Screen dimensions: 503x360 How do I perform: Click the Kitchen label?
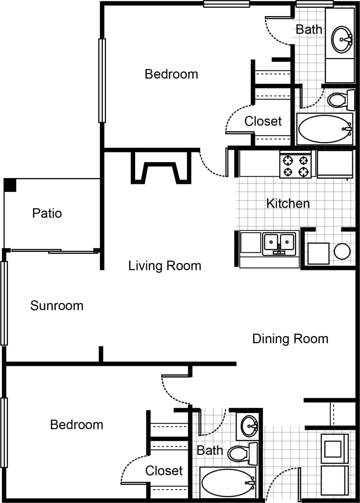coord(288,204)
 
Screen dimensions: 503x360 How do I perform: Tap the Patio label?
coord(47,213)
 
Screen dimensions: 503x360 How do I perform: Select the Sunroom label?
coord(57,306)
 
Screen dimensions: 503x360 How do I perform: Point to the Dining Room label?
coord(290,339)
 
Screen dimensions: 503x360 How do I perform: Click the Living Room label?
coord(164,266)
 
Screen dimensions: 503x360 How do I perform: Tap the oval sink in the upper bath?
coord(341,39)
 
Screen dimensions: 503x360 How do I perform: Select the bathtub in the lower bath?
coord(227,483)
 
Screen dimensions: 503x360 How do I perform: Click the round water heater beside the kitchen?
coord(342,251)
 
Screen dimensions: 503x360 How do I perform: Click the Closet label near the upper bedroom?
coord(263,121)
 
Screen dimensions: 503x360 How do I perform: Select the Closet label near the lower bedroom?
coord(164,470)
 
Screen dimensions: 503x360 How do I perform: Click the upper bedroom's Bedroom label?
coord(171,74)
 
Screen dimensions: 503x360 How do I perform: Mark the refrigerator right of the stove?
coord(334,164)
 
